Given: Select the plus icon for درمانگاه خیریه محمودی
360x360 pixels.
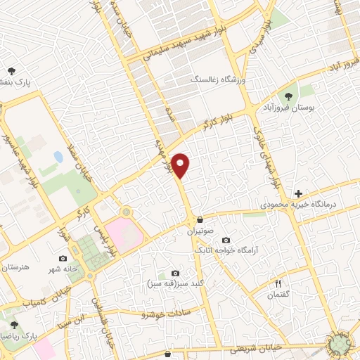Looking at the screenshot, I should click(x=299, y=193).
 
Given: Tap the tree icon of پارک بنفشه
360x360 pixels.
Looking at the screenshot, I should click(x=12, y=70).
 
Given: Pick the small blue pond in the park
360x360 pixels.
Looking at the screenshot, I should click(x=58, y=157).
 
